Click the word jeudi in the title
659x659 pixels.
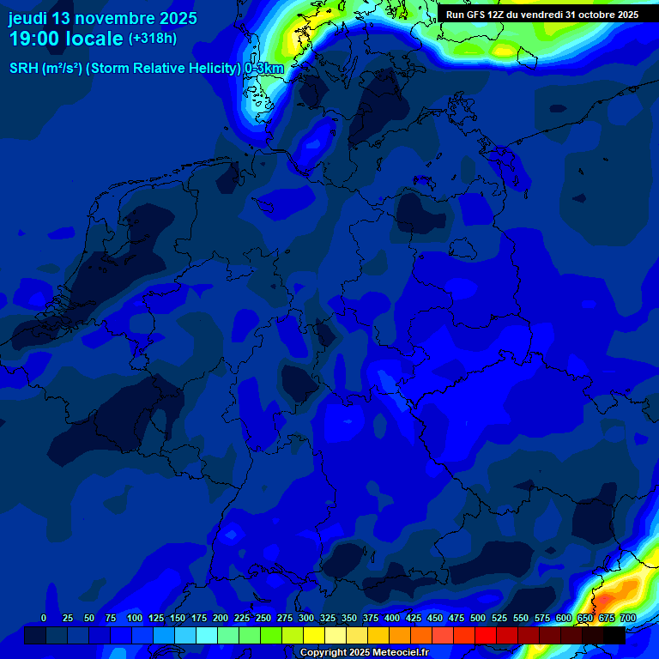pos(27,18)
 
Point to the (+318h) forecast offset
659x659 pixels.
pos(153,39)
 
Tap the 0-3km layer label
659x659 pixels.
pos(263,68)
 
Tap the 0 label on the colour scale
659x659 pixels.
pos(44,618)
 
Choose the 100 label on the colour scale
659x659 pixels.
pos(135,618)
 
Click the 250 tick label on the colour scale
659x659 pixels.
pos(263,618)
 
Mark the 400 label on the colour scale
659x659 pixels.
pos(392,618)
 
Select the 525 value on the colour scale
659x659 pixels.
pos(499,618)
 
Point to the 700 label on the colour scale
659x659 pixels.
pos(628,618)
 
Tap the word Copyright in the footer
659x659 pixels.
pos(324,653)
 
